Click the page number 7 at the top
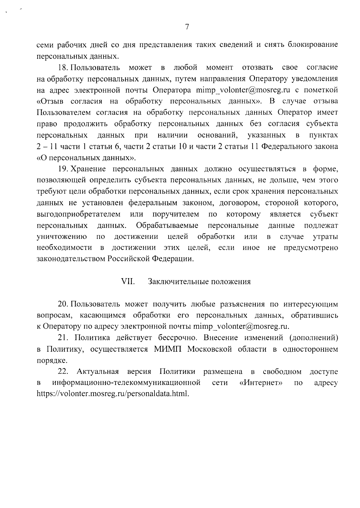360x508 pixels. tap(187, 27)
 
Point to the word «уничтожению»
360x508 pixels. tap(62, 237)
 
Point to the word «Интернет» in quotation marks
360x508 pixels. tap(263, 383)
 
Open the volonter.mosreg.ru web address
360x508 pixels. tap(113, 394)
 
